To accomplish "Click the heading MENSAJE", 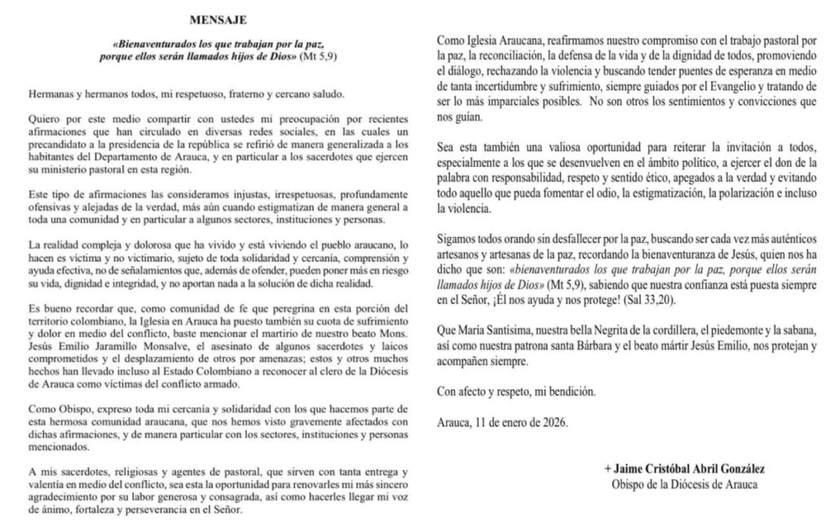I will pyautogui.click(x=218, y=17).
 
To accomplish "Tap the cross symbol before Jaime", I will pyautogui.click(x=607, y=470).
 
